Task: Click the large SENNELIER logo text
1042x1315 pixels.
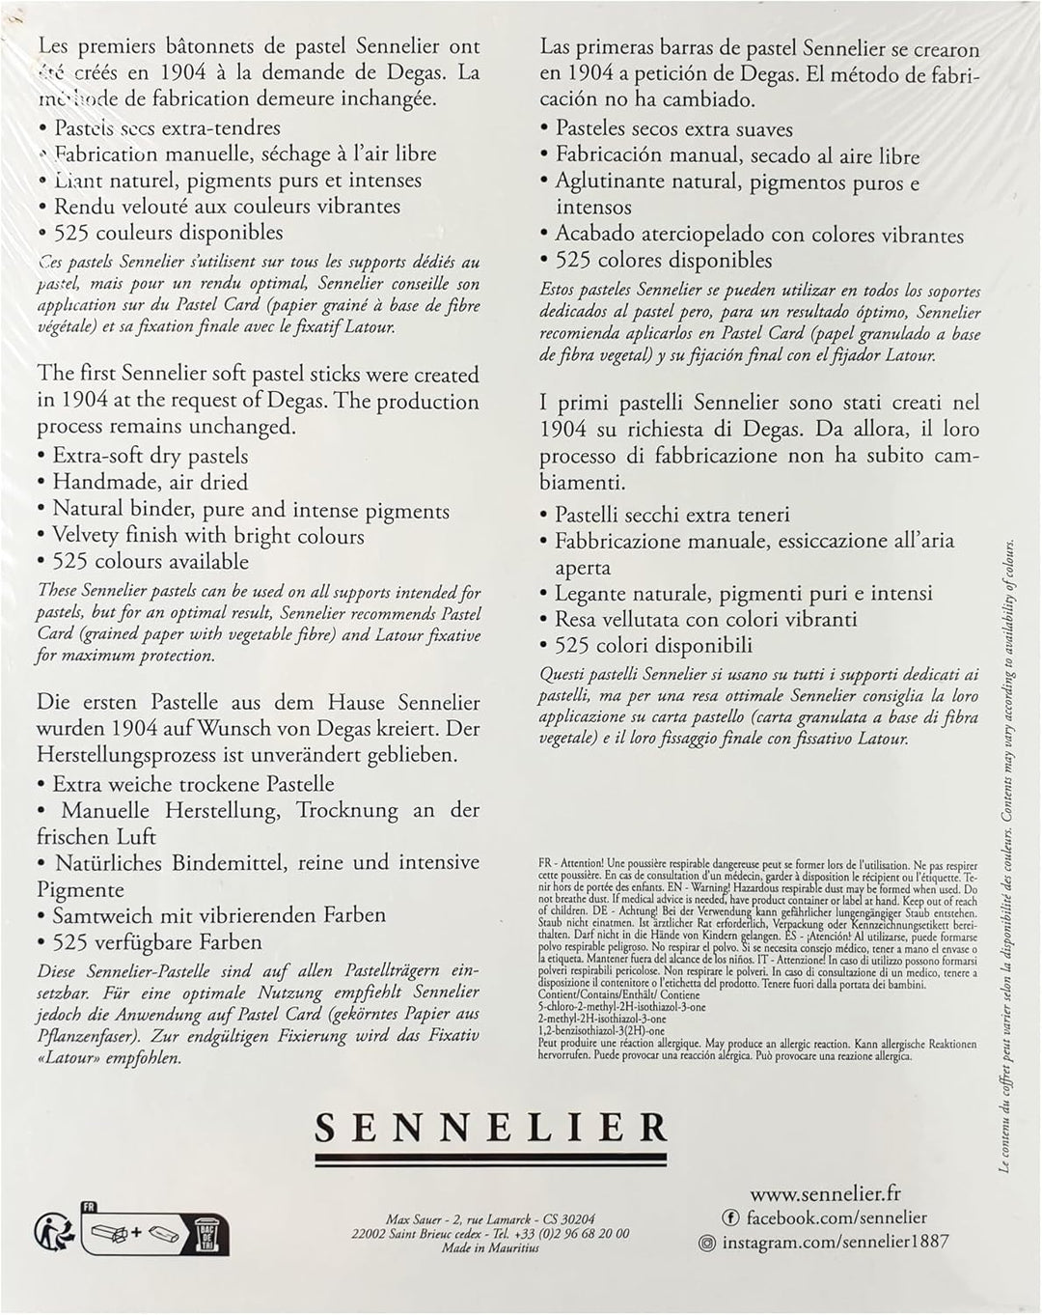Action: click(492, 1127)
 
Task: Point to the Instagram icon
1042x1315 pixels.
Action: click(706, 1244)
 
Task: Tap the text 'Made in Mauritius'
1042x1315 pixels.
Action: click(491, 1247)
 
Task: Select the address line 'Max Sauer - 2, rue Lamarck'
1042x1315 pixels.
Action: click(491, 1219)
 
